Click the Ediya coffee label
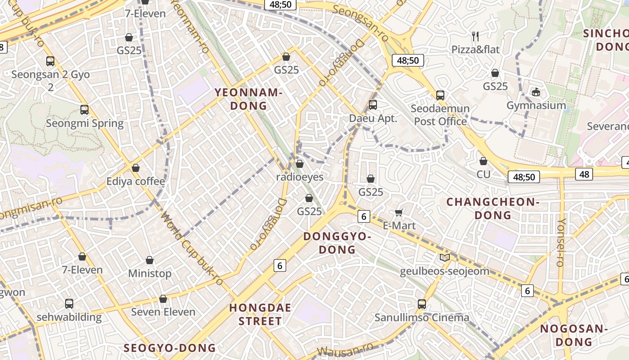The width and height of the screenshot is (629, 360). tap(136, 181)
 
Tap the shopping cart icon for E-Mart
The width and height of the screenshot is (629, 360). tap(399, 212)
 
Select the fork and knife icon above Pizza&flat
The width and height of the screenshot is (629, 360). tap(475, 36)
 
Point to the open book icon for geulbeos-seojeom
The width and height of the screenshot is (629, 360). tap(445, 258)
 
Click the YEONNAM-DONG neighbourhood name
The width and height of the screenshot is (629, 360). tap(248, 99)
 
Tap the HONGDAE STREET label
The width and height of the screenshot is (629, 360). tap(260, 314)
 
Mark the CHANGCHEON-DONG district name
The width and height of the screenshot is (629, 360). tap(493, 208)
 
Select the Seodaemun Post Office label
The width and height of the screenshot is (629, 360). tap(440, 115)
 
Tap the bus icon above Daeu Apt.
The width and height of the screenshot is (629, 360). tap(373, 105)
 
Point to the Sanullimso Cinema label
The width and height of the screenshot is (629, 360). tap(422, 317)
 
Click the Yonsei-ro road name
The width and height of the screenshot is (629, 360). tap(561, 242)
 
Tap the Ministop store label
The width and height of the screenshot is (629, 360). tap(150, 273)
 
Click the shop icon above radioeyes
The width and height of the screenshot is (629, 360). tap(300, 164)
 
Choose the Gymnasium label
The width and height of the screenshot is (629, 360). tap(536, 105)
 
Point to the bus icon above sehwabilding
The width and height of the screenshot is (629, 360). tap(69, 303)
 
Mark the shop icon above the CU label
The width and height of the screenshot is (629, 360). tap(483, 161)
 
